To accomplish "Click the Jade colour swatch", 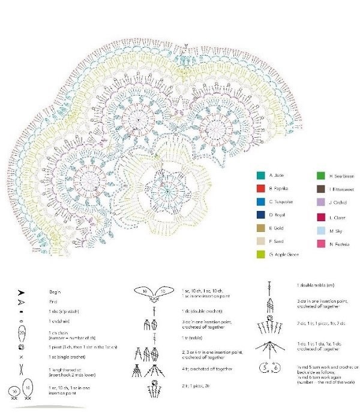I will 260,176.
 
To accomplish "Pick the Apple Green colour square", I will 260,254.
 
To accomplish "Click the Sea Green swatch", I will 321,176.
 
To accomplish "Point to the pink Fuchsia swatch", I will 321,243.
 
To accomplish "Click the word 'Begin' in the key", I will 55,292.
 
